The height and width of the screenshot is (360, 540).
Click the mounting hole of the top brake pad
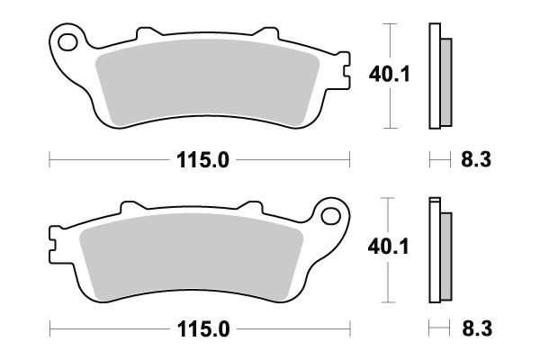67,42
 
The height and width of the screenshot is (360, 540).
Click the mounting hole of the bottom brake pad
330,216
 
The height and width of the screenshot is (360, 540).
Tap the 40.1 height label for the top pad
390,75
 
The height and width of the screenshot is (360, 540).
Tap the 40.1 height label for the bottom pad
389,247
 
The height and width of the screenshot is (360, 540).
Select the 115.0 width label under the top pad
202,160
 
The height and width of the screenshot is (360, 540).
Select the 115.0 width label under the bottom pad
203,329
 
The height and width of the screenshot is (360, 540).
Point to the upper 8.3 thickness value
476,160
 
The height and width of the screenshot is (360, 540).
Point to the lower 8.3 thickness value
477,328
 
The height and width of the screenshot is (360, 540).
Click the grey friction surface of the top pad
208,82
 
